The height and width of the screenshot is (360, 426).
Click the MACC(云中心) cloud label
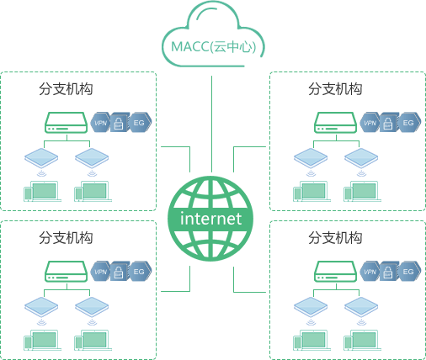point(214,46)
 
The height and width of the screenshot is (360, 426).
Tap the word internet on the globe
point(210,219)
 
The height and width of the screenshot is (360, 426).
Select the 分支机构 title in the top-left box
point(66,89)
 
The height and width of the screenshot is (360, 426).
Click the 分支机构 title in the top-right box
point(335,89)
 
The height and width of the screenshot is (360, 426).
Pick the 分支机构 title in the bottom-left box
point(66,238)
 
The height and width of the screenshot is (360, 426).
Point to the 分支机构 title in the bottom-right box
point(335,238)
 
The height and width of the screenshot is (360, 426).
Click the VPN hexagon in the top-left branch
point(100,123)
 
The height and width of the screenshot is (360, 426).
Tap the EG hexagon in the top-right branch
point(408,123)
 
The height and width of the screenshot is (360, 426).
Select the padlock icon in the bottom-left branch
point(119,272)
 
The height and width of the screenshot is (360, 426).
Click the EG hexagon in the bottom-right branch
point(408,272)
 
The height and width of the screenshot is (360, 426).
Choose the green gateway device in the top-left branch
point(67,123)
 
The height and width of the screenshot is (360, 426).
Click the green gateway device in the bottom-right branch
point(335,272)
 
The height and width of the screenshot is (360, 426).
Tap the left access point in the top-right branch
point(311,158)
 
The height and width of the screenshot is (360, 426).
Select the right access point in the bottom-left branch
point(92,307)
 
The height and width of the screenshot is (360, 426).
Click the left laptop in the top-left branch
point(42,191)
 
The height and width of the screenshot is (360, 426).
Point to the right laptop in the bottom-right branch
point(362,340)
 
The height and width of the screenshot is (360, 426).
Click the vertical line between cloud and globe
point(211,124)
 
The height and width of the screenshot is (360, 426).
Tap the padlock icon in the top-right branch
point(388,123)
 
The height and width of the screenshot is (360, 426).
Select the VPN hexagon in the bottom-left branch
point(100,272)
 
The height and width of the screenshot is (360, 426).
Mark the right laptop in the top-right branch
point(362,191)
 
